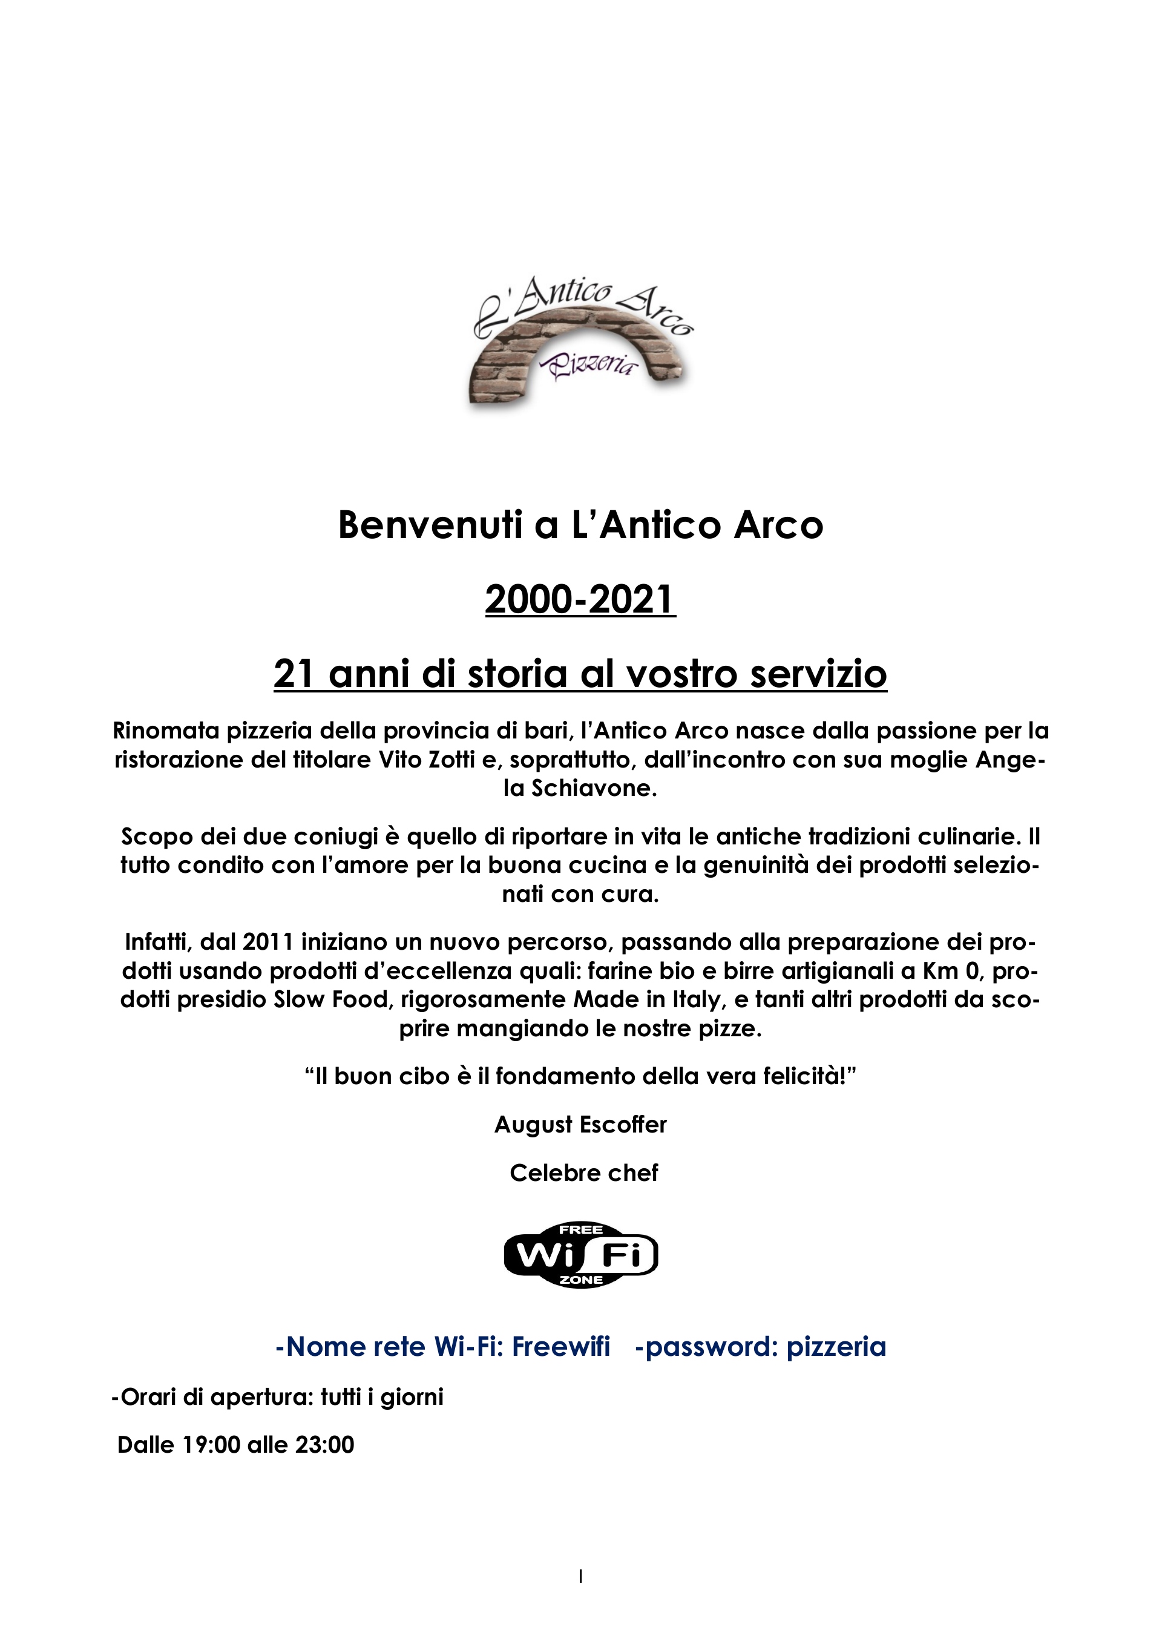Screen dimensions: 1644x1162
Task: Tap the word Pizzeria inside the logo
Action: point(591,364)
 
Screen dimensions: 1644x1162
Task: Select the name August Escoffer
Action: point(580,1124)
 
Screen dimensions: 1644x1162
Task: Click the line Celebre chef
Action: point(583,1173)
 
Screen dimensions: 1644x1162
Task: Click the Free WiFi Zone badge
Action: point(580,1254)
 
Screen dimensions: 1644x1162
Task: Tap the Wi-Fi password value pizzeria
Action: point(836,1347)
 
